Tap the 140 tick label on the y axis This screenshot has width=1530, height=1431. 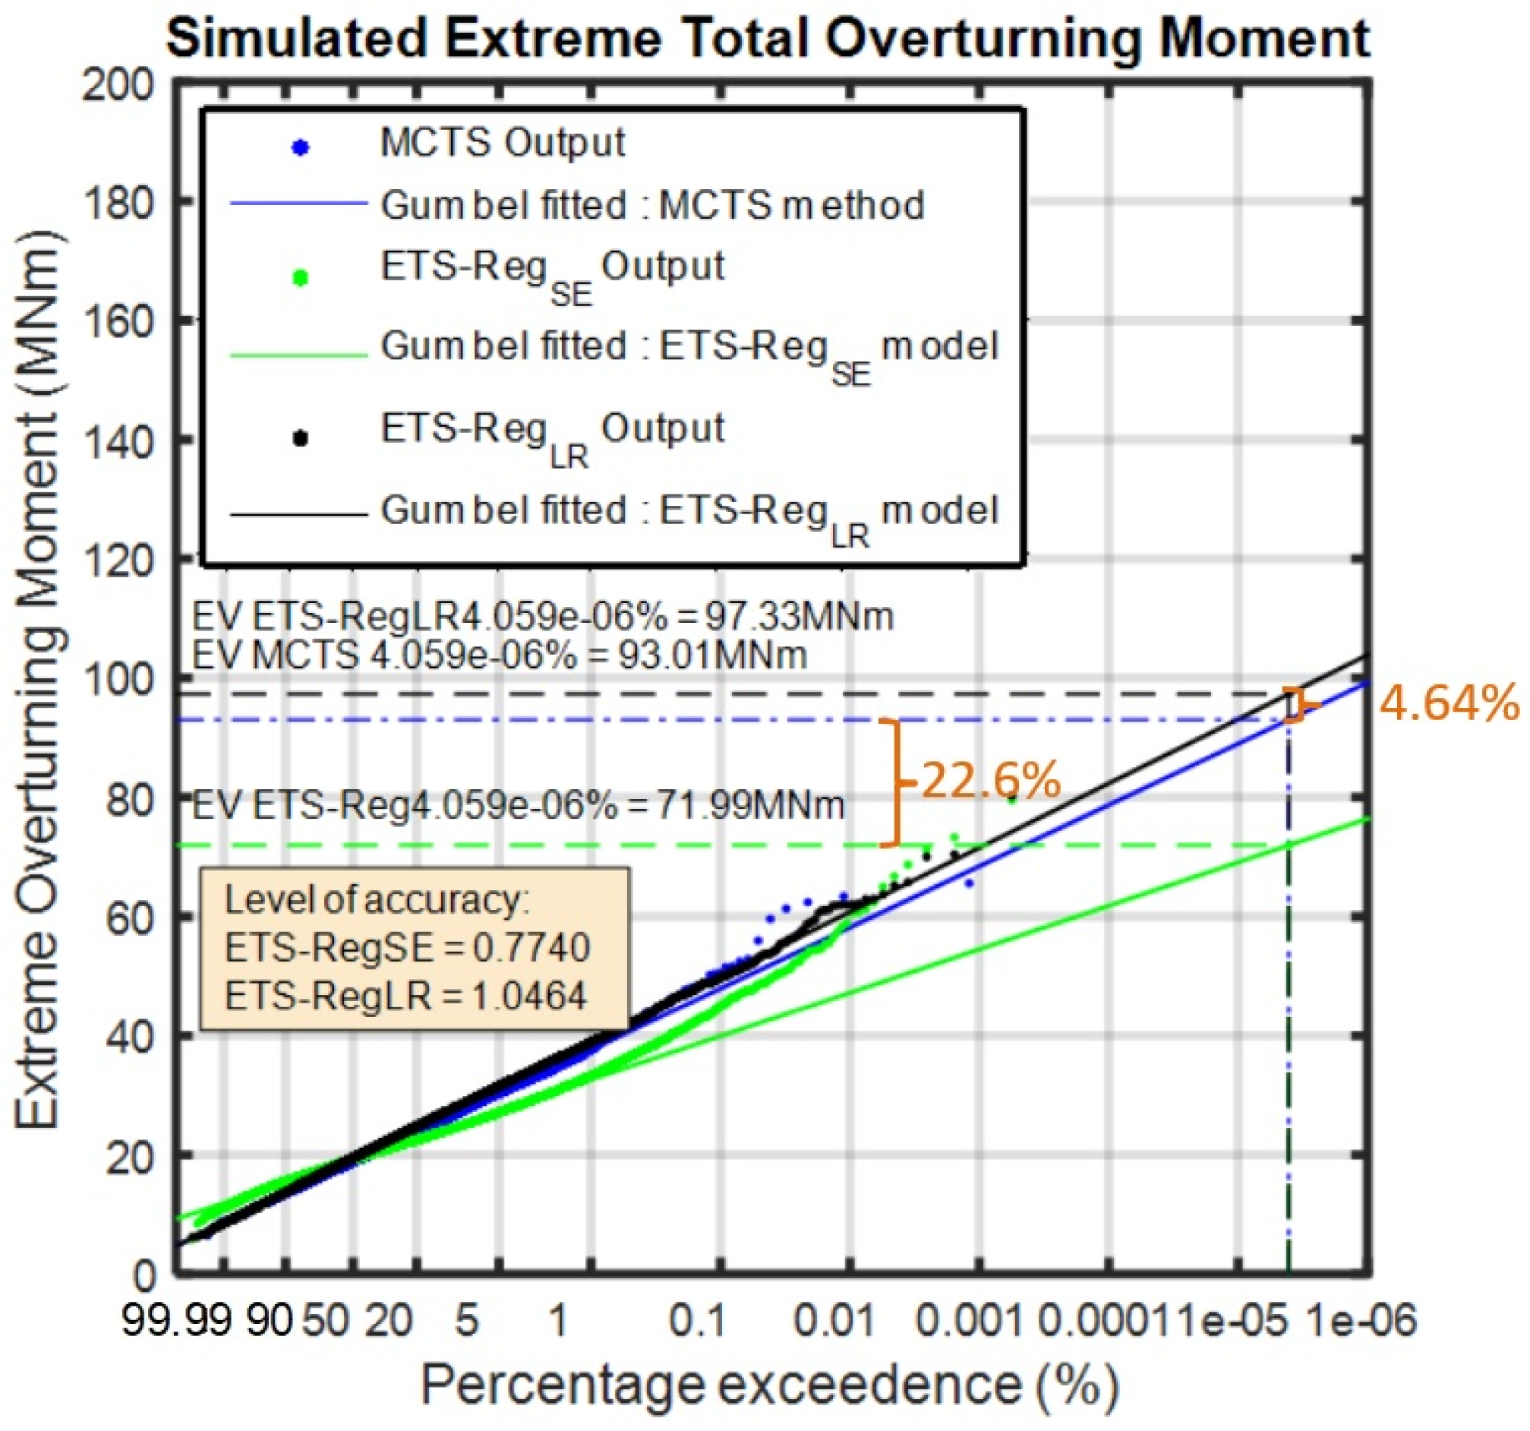[119, 440]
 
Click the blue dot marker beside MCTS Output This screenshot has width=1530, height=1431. [301, 148]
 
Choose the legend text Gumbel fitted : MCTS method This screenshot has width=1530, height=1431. [653, 207]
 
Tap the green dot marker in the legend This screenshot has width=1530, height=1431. [301, 279]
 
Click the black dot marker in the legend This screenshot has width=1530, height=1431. [301, 438]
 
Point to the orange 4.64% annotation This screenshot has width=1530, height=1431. [1448, 703]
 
